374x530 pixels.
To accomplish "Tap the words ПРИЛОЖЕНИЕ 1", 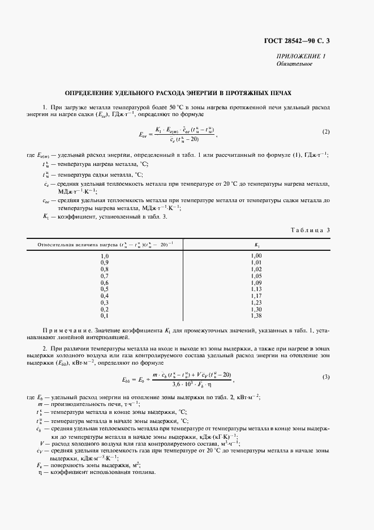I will click(x=301, y=56).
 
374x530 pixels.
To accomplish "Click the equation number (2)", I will click(x=326, y=132).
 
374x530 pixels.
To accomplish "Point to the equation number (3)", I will click(x=326, y=377).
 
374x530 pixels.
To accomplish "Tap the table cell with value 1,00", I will click(x=256, y=256).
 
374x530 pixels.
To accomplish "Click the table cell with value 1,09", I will click(x=256, y=282).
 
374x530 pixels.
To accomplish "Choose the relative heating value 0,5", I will click(x=104, y=289).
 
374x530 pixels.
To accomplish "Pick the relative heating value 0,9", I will click(x=104, y=262).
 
